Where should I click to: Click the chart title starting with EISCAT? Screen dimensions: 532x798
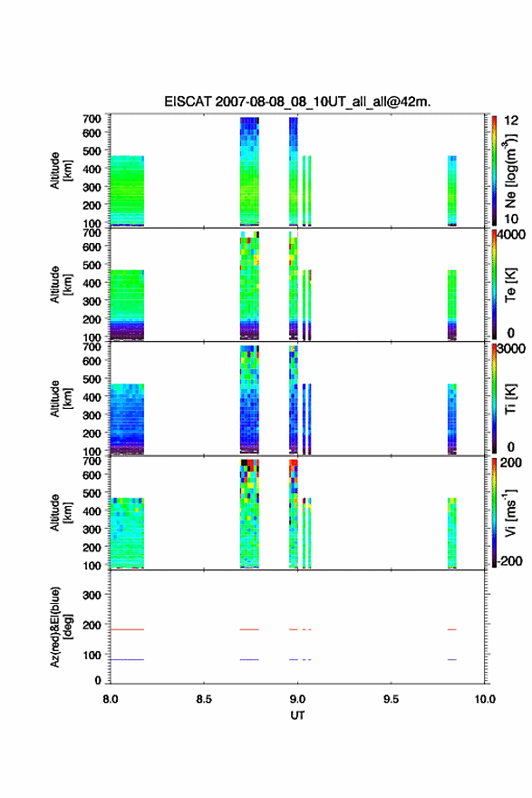297,102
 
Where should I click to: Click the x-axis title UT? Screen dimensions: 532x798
297,715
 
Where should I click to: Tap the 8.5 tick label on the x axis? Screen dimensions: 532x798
203,699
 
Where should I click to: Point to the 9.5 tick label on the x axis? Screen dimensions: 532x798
392,699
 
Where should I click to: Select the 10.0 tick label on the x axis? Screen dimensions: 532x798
485,699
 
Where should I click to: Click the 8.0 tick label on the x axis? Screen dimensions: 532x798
111,699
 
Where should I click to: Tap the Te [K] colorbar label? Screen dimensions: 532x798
510,285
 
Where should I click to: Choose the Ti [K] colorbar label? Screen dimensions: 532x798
510,399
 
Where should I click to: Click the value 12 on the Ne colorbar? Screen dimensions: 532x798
511,121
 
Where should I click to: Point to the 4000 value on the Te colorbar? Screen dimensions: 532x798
511,235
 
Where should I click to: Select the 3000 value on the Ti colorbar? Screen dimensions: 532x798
511,349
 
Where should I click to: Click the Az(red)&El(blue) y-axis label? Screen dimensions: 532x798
62,627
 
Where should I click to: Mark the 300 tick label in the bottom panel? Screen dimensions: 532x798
92,595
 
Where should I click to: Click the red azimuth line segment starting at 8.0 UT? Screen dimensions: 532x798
127,629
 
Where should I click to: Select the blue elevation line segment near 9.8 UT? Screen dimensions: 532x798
452,659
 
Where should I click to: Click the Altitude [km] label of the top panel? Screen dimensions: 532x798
62,171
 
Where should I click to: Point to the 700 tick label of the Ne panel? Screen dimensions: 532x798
92,119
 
